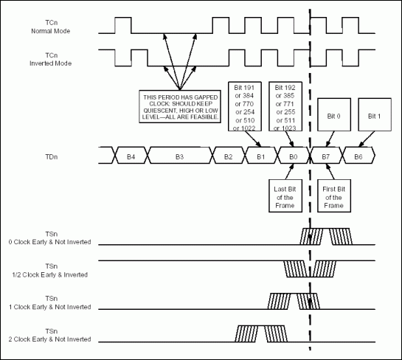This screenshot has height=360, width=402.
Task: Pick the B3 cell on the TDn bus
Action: click(179, 156)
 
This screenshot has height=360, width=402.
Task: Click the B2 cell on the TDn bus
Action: click(228, 156)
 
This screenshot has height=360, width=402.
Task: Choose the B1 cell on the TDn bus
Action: click(260, 156)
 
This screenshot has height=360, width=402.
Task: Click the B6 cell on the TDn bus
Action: click(358, 156)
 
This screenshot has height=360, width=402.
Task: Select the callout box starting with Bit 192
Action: click(287, 108)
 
